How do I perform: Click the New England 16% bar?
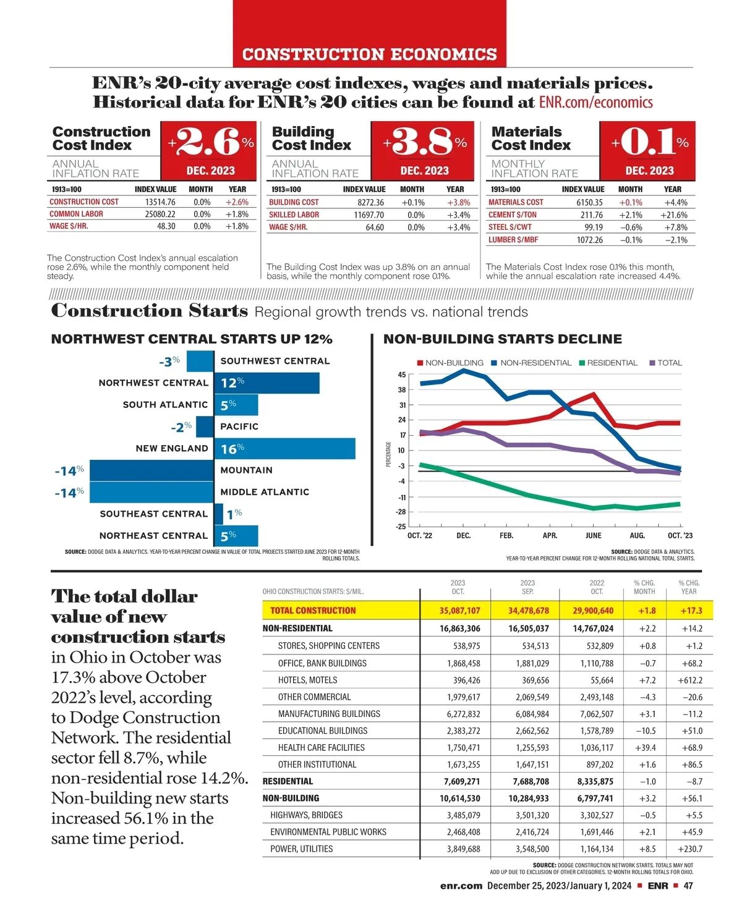pos(284,449)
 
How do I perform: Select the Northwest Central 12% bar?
pos(267,383)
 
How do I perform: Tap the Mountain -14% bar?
pos(151,471)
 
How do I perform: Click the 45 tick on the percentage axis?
pos(402,375)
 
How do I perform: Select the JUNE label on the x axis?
pos(594,535)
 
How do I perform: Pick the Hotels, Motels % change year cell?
pos(689,680)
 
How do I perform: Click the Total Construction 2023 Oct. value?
pos(459,611)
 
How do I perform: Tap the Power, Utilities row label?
pos(301,849)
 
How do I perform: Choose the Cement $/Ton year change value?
pos(673,215)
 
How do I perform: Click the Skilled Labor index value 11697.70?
pos(369,215)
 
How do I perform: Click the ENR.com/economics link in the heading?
pos(595,103)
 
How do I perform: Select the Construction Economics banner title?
pos(370,54)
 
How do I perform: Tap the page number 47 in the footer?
pos(688,886)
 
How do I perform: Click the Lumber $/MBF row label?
pos(513,240)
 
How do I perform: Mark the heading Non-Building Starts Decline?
pos(503,339)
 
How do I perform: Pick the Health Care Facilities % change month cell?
pos(645,747)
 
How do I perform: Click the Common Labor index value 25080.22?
pos(160,214)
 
